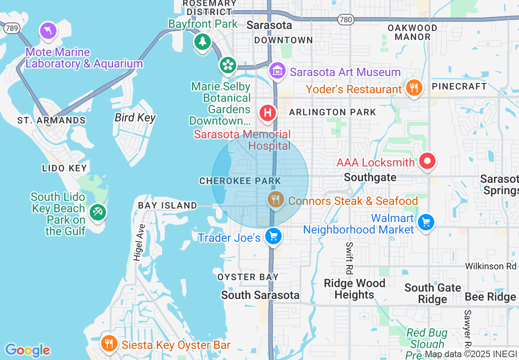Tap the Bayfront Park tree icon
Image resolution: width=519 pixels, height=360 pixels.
tap(202, 41)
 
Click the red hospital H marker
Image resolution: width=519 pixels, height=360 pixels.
tap(268, 112)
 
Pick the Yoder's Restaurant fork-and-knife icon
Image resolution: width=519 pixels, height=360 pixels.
tap(414, 88)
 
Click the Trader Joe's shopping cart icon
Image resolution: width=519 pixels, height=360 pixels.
tap(273, 236)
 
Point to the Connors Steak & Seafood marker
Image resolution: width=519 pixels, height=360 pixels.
tap(276, 200)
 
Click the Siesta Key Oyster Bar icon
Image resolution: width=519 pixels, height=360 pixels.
tap(109, 343)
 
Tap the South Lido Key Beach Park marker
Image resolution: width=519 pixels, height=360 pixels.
tap(97, 212)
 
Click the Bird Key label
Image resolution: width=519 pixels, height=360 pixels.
tap(135, 118)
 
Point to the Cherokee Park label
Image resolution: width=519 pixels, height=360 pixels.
tap(240, 181)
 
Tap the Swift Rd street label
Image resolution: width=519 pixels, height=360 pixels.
tap(349, 258)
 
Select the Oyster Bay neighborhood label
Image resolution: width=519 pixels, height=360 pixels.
tap(248, 277)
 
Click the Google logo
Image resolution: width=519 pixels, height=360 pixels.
tap(27, 350)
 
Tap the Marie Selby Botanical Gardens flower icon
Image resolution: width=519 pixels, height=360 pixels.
tap(228, 65)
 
